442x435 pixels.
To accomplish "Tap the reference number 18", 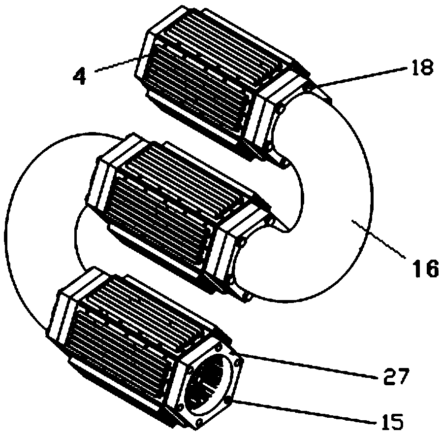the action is (x=421, y=68).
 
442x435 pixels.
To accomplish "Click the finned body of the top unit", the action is (x=207, y=74).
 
